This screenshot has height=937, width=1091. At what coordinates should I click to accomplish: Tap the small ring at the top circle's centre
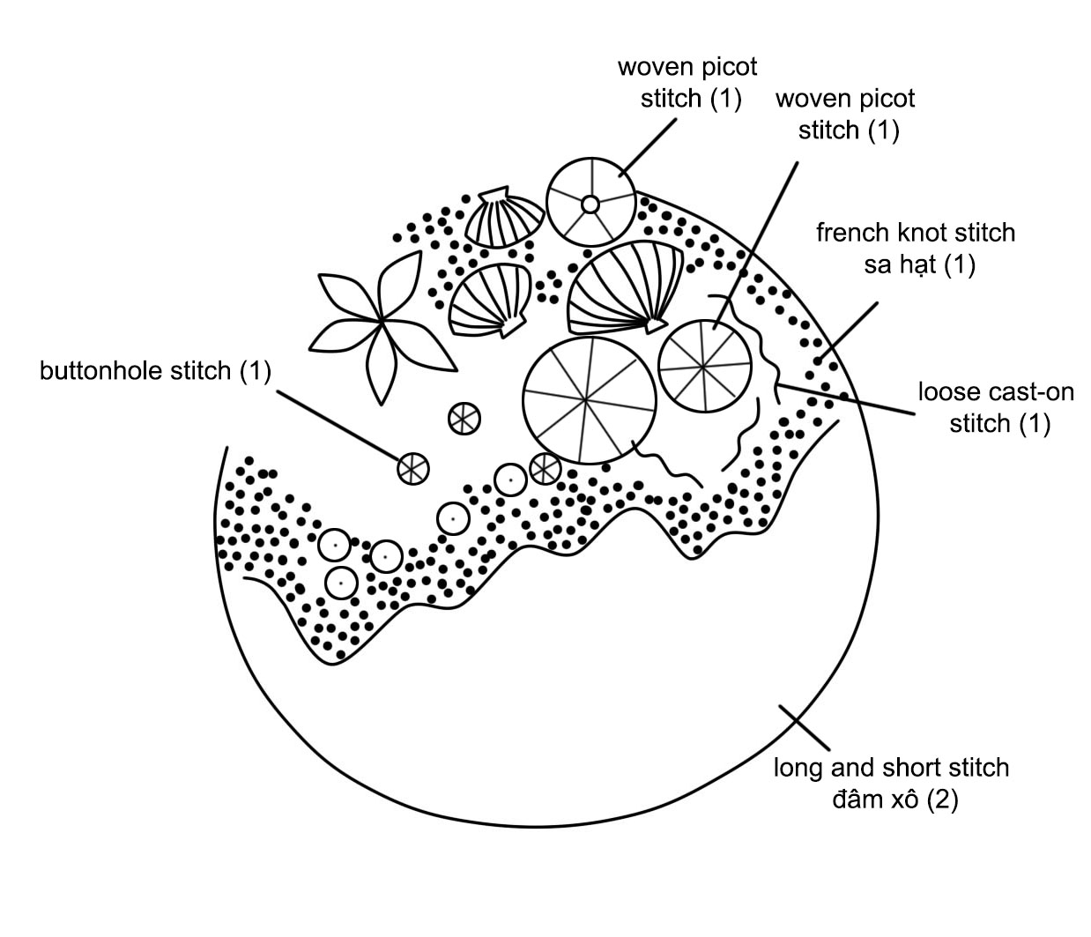[x=590, y=204]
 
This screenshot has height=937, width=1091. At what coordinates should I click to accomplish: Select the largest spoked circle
[x=590, y=401]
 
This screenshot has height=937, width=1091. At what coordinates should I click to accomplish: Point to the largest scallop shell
[x=626, y=287]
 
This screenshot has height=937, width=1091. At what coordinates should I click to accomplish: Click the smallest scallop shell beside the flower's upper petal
[x=504, y=217]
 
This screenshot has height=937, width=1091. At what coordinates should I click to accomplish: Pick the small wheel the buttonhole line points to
[x=412, y=468]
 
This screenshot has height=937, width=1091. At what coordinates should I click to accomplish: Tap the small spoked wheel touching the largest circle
[x=545, y=468]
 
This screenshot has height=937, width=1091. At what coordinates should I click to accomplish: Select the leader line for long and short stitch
[x=804, y=727]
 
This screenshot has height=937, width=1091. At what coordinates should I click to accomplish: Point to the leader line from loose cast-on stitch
[x=845, y=399]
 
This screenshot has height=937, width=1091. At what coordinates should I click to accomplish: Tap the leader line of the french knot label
[x=848, y=332]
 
